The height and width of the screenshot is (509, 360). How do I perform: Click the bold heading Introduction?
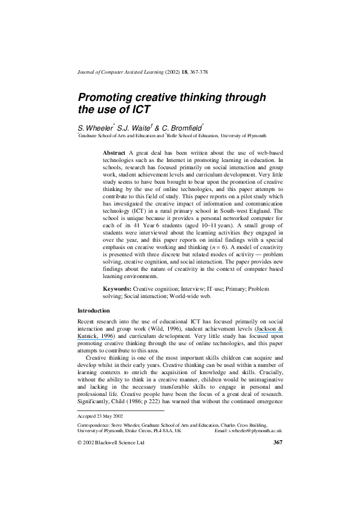click(x=94, y=310)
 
